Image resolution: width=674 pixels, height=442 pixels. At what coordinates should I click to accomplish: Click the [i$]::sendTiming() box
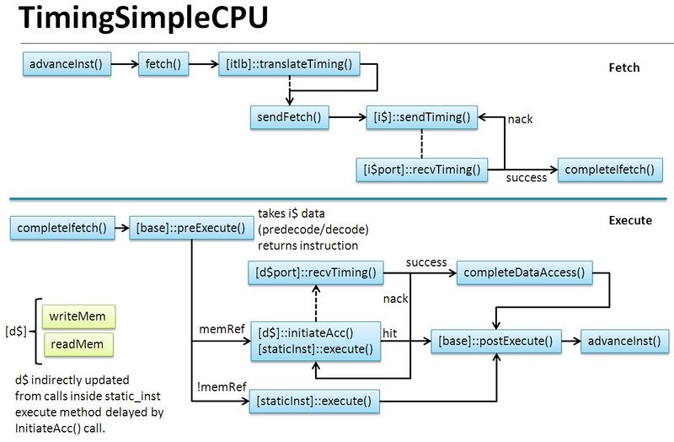pyautogui.click(x=422, y=116)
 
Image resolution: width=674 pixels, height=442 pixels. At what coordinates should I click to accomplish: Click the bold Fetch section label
pyautogui.click(x=624, y=67)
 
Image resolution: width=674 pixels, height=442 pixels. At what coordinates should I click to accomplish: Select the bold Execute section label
pyautogui.click(x=629, y=220)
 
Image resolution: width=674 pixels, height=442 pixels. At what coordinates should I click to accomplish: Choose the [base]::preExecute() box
pyautogui.click(x=191, y=228)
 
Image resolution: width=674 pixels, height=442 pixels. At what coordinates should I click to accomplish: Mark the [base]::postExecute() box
pyautogui.click(x=495, y=342)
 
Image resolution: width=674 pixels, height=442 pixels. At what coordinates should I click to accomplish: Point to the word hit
pyautogui.click(x=390, y=334)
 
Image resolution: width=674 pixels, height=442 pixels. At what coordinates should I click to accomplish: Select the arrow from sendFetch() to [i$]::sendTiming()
pyautogui.click(x=347, y=116)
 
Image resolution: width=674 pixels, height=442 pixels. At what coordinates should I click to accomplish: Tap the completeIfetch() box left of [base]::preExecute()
pyautogui.click(x=62, y=228)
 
